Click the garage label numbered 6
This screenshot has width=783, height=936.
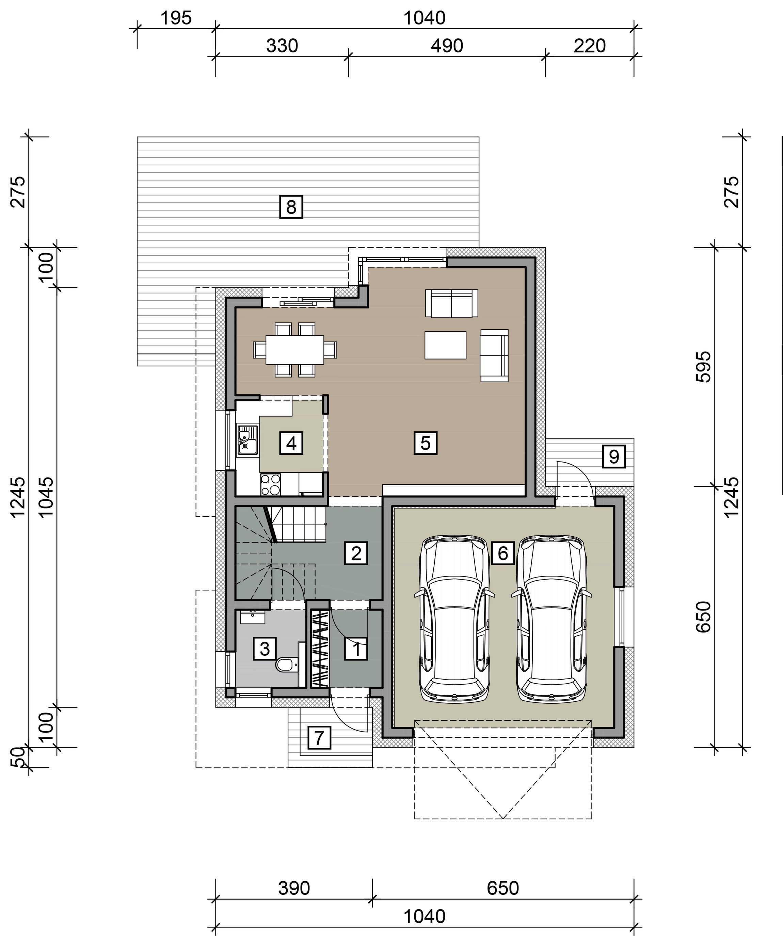click(503, 553)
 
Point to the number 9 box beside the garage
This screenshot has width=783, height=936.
click(613, 456)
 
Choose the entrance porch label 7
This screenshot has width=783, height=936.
click(319, 738)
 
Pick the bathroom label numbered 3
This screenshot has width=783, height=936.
click(265, 649)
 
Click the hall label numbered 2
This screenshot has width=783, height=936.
click(356, 553)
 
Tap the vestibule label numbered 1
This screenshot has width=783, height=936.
click(356, 649)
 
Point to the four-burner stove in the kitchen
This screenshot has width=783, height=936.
click(271, 484)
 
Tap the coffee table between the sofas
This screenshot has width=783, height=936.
click(445, 345)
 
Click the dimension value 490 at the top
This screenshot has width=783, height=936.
click(447, 46)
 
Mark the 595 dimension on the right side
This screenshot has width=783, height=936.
click(704, 366)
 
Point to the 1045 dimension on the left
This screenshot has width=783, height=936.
click(46, 497)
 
